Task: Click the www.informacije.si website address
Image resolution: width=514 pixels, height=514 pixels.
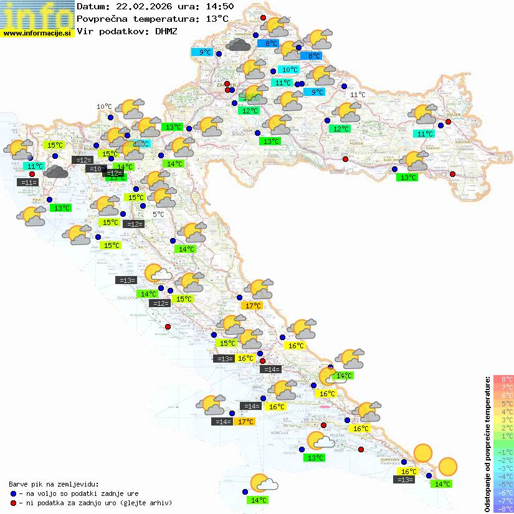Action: click(37, 32)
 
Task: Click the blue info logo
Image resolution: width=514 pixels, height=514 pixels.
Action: click(37, 14)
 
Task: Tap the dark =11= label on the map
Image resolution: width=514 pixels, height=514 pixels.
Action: click(27, 183)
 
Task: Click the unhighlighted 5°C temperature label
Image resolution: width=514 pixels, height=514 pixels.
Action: click(158, 214)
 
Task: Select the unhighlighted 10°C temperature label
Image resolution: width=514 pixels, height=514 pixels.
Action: click(104, 107)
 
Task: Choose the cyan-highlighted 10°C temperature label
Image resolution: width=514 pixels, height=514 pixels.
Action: click(288, 69)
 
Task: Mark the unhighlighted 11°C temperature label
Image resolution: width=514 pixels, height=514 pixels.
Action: click(358, 95)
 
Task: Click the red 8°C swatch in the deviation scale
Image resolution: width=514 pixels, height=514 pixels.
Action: click(503, 379)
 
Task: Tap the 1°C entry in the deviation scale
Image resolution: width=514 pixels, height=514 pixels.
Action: click(503, 436)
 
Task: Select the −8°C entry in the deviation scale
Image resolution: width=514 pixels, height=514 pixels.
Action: click(503, 508)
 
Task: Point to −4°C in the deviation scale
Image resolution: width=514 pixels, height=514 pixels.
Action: click(503, 476)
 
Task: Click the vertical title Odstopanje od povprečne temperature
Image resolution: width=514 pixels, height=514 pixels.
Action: click(487, 442)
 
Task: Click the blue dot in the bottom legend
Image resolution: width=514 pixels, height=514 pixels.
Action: click(13, 493)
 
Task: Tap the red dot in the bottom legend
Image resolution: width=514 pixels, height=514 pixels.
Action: click(13, 502)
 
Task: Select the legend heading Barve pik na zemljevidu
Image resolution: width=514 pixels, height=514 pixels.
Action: click(54, 483)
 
